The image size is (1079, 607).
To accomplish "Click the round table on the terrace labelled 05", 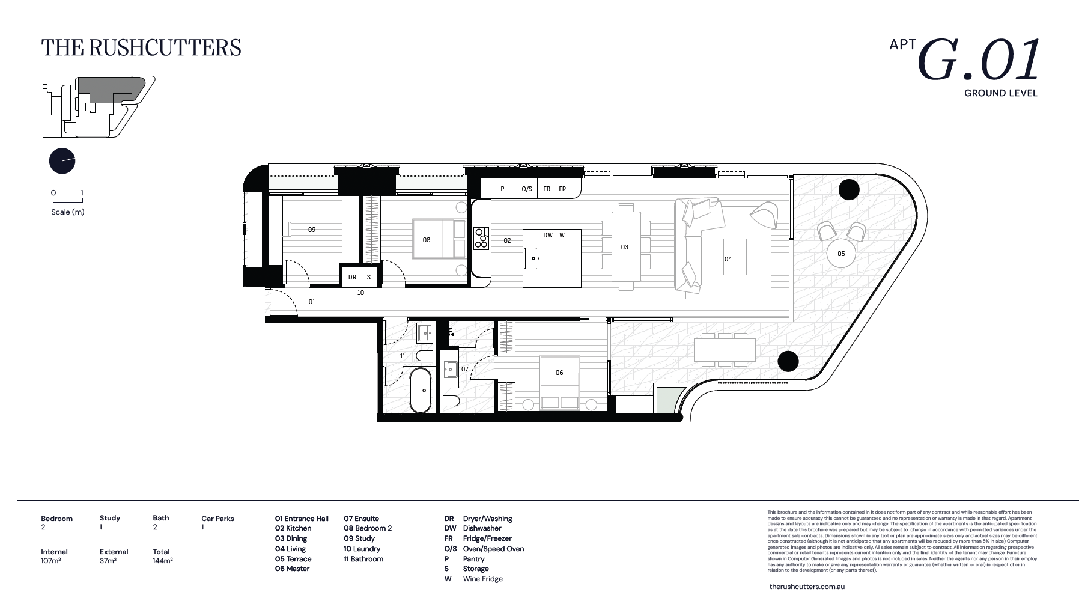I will (x=840, y=254).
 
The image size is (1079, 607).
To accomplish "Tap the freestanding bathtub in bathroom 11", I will (x=420, y=390).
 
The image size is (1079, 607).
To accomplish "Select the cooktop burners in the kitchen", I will (x=481, y=237).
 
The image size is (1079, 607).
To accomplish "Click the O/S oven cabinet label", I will (x=527, y=189).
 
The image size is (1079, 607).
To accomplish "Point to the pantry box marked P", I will (x=503, y=189).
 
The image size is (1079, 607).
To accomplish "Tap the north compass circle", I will (x=62, y=161).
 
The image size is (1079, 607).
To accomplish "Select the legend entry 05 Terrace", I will (x=293, y=559).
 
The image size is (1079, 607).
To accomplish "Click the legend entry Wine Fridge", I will (x=482, y=579).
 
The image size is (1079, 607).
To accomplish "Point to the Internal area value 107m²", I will (x=51, y=561).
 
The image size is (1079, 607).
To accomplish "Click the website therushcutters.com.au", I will (x=806, y=586).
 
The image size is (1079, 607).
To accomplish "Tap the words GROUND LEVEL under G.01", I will (x=1000, y=93).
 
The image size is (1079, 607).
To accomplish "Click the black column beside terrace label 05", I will (x=849, y=190).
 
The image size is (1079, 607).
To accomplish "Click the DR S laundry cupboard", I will (x=360, y=277).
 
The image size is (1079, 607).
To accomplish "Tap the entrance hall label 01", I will (x=312, y=302).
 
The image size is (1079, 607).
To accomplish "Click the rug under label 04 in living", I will (x=735, y=257).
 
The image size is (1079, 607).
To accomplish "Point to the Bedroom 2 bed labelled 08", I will (x=439, y=239).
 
